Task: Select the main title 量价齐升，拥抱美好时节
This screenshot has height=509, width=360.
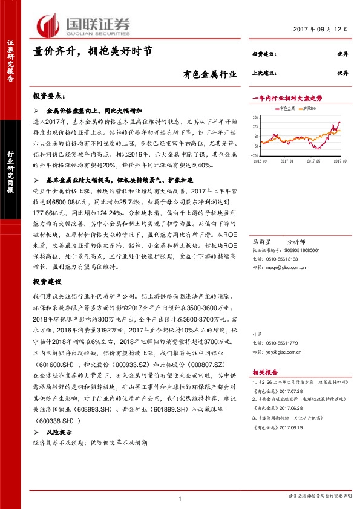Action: tap(92, 52)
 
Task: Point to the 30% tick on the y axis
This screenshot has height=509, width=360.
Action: tap(255, 115)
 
